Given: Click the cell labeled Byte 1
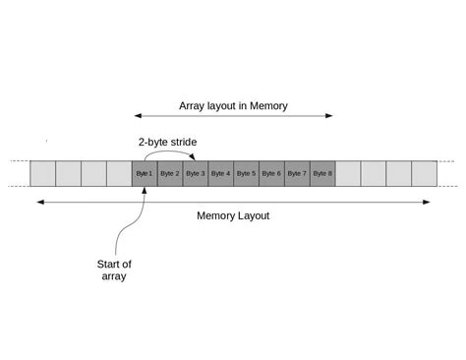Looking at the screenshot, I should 145,173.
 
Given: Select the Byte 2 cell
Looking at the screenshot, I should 170,173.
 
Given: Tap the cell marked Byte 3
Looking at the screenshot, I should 196,173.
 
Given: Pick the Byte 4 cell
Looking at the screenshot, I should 221,173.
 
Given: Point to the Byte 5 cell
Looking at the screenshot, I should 247,173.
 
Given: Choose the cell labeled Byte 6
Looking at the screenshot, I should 272,173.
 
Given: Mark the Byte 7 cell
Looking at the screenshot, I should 298,173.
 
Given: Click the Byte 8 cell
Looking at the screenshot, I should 323,173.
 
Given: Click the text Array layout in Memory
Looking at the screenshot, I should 233,105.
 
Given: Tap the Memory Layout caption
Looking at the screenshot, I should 233,215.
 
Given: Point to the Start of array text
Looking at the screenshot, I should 114,270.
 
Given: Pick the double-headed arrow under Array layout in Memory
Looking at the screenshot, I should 233,116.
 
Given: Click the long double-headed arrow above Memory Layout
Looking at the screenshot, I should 233,203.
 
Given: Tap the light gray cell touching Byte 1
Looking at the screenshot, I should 119,173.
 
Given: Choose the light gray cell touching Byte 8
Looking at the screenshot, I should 349,173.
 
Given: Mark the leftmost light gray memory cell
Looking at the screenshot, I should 42,173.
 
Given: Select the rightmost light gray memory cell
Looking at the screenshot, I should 425,173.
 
